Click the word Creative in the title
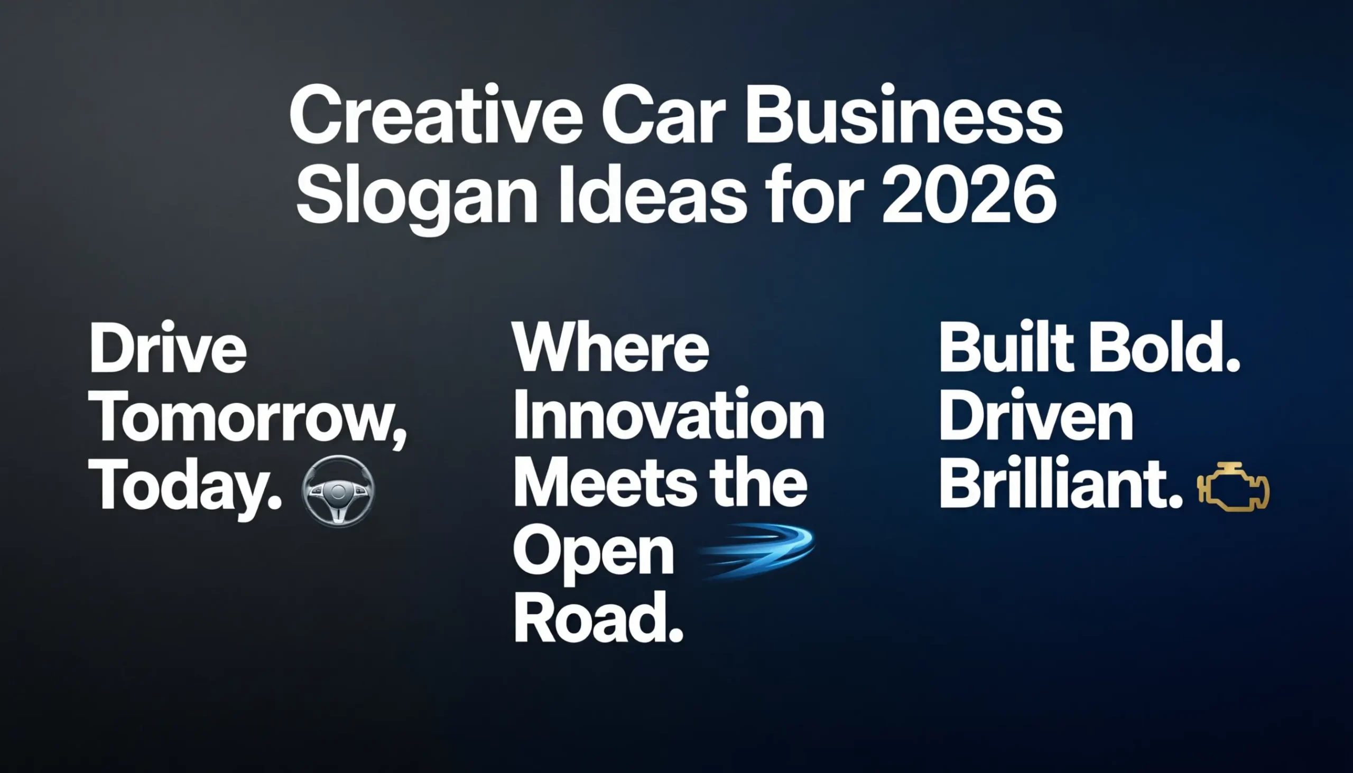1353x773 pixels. (435, 116)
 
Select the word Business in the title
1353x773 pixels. (904, 116)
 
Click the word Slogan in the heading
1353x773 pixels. (418, 198)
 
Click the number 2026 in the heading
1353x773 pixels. (969, 195)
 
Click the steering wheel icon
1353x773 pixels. (338, 490)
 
